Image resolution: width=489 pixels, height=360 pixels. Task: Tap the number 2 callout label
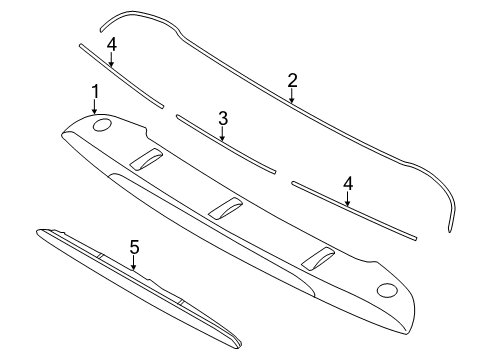[x=292, y=79]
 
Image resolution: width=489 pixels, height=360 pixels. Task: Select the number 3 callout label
[x=222, y=118]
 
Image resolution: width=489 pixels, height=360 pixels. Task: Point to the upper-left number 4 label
[x=112, y=44]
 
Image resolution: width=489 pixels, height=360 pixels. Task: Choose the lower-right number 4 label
[x=348, y=183]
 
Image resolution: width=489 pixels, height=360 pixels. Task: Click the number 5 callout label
[x=133, y=246]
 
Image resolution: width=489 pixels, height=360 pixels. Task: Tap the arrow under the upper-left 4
[x=112, y=59]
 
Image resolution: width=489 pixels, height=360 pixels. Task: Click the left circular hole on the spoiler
[x=102, y=125]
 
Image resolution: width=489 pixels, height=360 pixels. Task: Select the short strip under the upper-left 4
[x=120, y=73]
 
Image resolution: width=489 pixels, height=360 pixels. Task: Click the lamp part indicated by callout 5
[x=130, y=290]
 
